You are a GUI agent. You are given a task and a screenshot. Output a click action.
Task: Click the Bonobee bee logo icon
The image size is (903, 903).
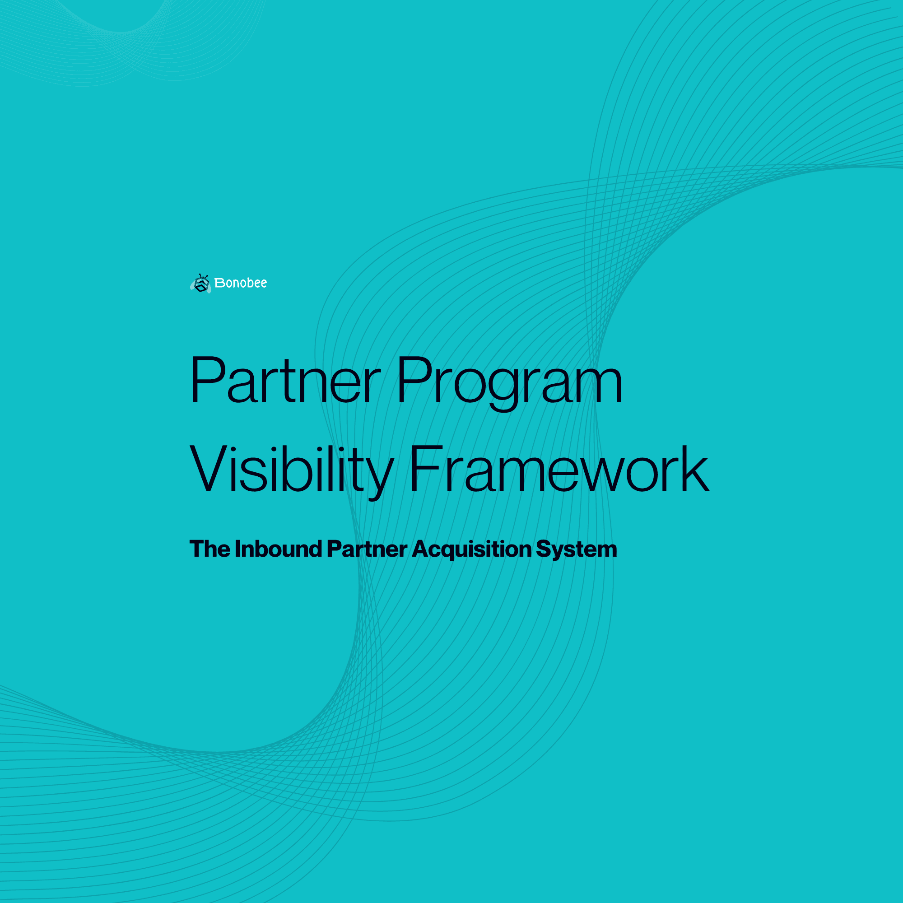[201, 283]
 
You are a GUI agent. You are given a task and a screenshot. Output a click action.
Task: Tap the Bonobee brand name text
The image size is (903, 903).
[241, 283]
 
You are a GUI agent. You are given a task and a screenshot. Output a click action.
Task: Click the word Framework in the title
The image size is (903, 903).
[559, 469]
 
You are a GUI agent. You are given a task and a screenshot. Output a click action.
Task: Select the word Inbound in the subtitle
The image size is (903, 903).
[278, 549]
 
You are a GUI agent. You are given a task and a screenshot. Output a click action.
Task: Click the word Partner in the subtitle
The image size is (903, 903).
[367, 549]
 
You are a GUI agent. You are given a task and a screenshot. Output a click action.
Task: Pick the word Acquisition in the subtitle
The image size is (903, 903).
[472, 549]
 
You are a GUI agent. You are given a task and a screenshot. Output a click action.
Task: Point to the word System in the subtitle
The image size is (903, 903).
[576, 549]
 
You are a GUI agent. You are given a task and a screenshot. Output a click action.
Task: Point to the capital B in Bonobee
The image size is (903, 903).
[219, 283]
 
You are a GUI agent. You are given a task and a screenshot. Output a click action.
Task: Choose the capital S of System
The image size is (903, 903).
[545, 549]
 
